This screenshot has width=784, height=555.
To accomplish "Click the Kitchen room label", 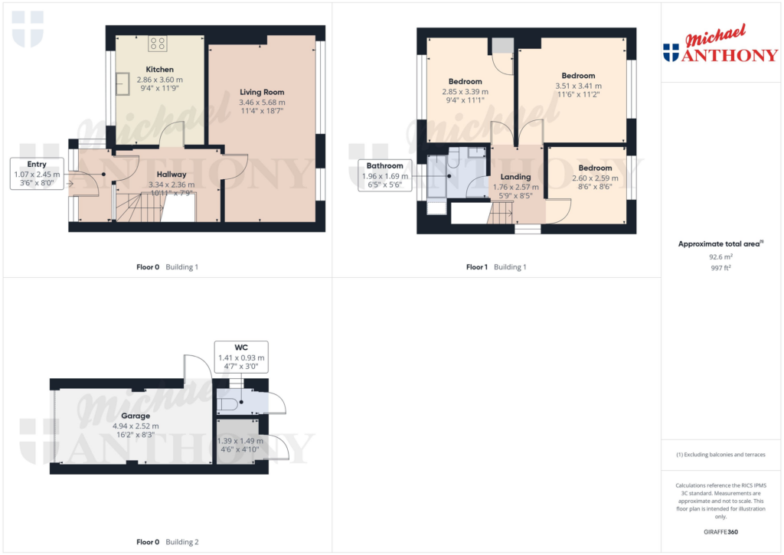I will (160, 70).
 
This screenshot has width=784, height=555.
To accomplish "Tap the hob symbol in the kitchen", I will (158, 44).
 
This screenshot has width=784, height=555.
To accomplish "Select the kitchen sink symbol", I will (122, 84).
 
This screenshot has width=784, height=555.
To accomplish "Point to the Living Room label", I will (262, 92).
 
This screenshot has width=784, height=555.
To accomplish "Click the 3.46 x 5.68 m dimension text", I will (262, 102).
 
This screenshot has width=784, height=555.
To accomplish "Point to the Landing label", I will (516, 177).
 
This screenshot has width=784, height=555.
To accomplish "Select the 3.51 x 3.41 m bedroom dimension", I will (578, 87).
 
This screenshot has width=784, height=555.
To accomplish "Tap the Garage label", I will (136, 416).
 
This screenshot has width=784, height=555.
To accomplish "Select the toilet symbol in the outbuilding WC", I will (228, 403).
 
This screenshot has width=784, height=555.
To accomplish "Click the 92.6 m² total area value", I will (720, 258).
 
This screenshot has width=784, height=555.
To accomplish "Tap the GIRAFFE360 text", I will (720, 531).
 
